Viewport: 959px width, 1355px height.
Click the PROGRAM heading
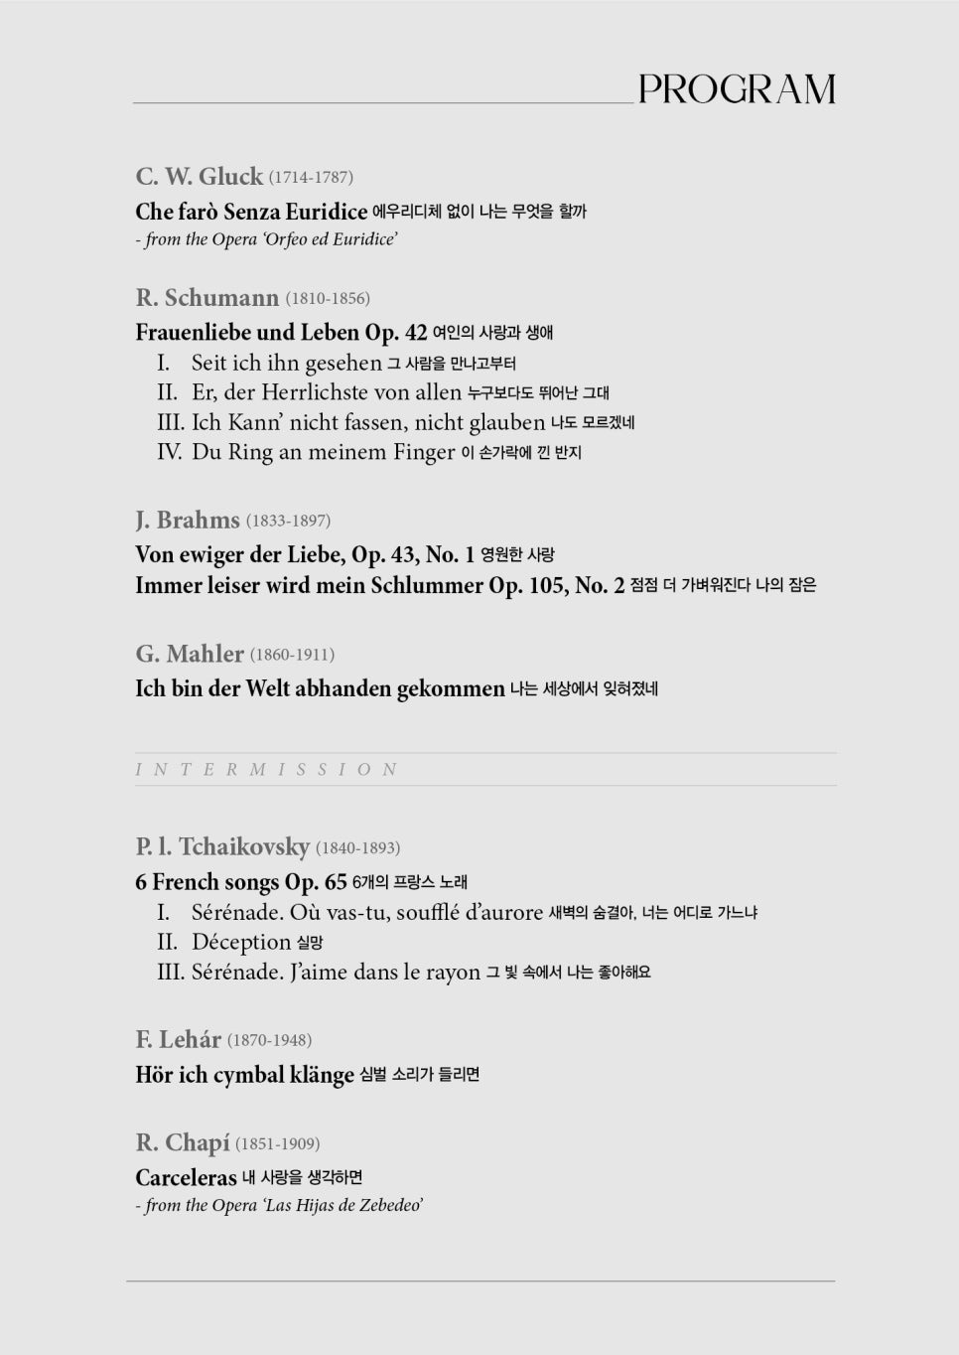pos(737,89)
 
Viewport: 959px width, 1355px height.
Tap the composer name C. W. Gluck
pos(199,177)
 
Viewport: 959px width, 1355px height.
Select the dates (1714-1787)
pos(311,178)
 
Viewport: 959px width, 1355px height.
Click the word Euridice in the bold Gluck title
pos(327,212)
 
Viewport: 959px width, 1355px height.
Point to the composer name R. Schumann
pos(206,298)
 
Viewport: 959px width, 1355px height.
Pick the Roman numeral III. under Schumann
pos(171,422)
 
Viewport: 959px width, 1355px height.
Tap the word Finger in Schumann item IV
pos(424,452)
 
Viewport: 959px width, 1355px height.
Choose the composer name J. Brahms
pos(188,521)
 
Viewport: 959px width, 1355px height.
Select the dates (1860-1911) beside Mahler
pos(292,655)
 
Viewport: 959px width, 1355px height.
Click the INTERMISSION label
pos(266,770)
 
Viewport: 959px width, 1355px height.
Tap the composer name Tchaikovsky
pos(243,847)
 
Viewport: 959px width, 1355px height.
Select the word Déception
pos(241,942)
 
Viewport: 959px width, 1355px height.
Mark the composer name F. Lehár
pos(178,1040)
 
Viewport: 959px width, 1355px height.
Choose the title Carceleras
pos(186,1178)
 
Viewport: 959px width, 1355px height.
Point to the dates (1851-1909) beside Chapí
pos(277,1144)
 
